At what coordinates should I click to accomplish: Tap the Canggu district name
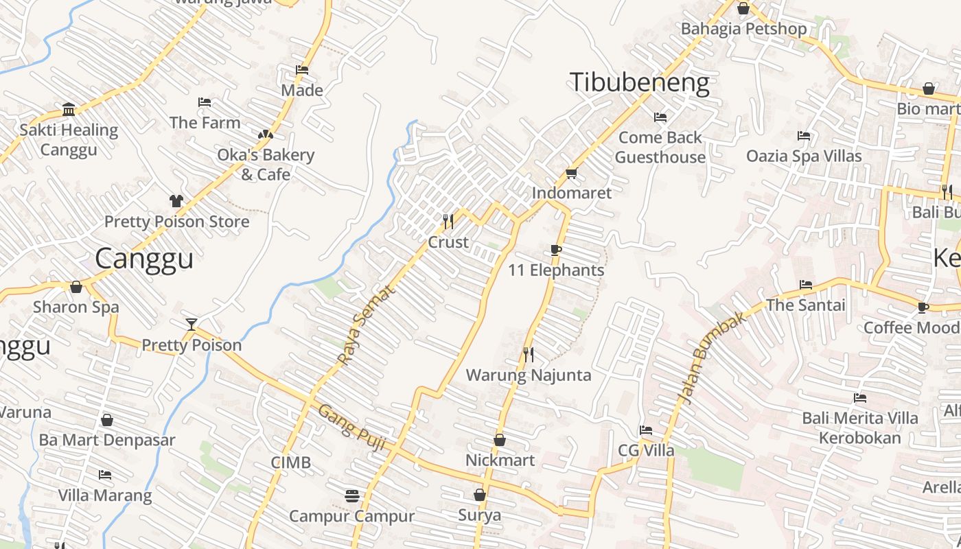tap(144, 259)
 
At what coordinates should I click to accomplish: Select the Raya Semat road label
tap(367, 325)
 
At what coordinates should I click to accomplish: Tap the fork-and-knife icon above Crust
tap(448, 221)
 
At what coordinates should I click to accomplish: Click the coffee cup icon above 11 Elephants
tap(556, 250)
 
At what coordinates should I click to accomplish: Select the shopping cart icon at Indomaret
tap(571, 173)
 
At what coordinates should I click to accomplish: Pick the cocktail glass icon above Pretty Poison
tap(192, 324)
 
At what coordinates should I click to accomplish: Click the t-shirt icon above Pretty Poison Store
tap(176, 201)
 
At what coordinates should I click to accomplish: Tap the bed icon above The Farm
tap(205, 102)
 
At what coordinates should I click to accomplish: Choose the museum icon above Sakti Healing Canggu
tap(69, 109)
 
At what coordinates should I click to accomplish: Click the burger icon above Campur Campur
tap(352, 495)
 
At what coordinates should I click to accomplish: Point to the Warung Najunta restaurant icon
tap(529, 355)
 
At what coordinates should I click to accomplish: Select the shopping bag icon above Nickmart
tap(500, 440)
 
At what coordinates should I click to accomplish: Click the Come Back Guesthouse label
tap(660, 148)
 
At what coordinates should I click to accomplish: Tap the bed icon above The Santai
tap(806, 284)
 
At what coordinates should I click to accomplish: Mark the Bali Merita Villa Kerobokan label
tap(859, 428)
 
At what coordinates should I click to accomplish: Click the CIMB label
tap(290, 463)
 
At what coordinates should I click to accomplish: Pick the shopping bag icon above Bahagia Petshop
tap(743, 8)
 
